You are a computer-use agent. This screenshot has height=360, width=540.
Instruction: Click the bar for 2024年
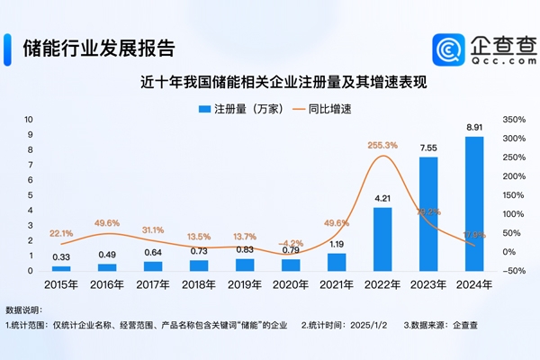(473, 203)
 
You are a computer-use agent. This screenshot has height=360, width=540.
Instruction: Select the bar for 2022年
(382, 238)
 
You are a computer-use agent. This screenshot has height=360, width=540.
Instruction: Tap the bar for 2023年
(427, 214)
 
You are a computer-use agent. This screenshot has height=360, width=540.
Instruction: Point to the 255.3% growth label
(382, 144)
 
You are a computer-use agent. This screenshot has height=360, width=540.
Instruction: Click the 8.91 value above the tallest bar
(473, 128)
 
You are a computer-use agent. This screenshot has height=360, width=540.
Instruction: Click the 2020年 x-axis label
(290, 284)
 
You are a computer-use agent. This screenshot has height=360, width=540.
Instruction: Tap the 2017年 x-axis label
(153, 284)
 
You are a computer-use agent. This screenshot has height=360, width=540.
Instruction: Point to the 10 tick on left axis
(30, 119)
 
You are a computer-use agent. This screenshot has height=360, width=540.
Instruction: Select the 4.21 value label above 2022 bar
(382, 198)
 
